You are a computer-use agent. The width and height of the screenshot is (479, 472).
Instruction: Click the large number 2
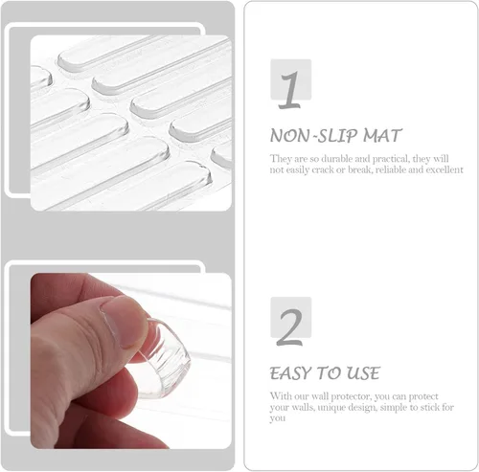(289, 325)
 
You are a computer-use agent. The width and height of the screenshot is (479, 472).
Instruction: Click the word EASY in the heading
(292, 372)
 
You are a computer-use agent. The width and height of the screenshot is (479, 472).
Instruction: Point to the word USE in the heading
(361, 372)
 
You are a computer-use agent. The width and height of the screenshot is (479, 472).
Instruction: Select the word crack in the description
(338, 169)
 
